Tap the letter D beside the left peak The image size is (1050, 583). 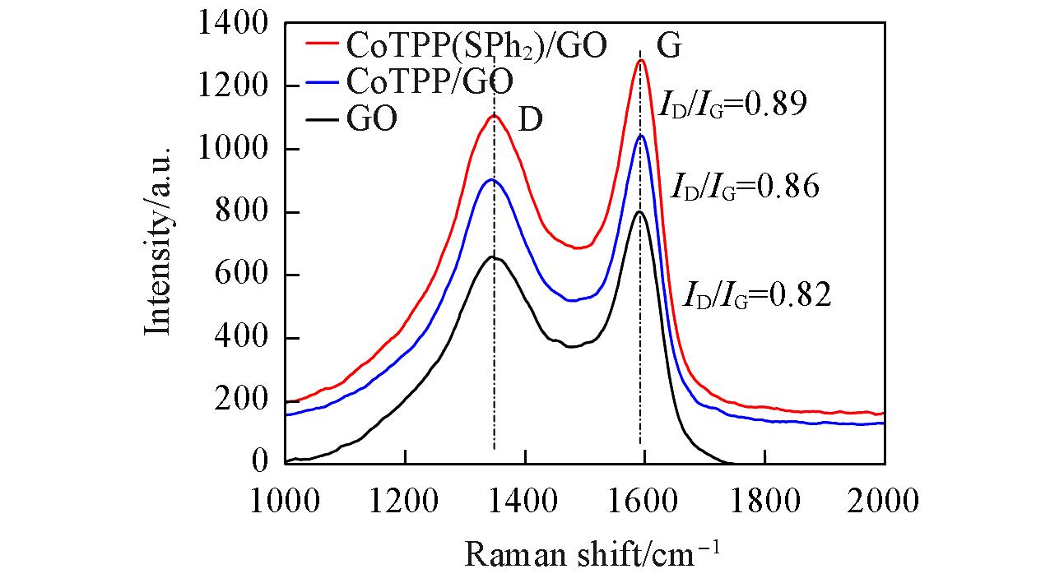(x=530, y=120)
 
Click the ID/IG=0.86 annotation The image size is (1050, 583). (x=745, y=187)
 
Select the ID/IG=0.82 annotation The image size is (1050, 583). (x=757, y=295)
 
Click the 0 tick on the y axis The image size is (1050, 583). (x=259, y=463)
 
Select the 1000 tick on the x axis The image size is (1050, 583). (x=285, y=498)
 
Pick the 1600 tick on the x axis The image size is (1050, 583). (x=644, y=498)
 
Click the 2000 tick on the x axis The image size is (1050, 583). (x=884, y=498)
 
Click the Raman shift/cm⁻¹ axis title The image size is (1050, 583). (x=593, y=553)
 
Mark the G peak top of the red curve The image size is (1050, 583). (x=641, y=59)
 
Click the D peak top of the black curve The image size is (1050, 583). (x=493, y=257)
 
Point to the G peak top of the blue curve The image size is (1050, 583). (x=641, y=135)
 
